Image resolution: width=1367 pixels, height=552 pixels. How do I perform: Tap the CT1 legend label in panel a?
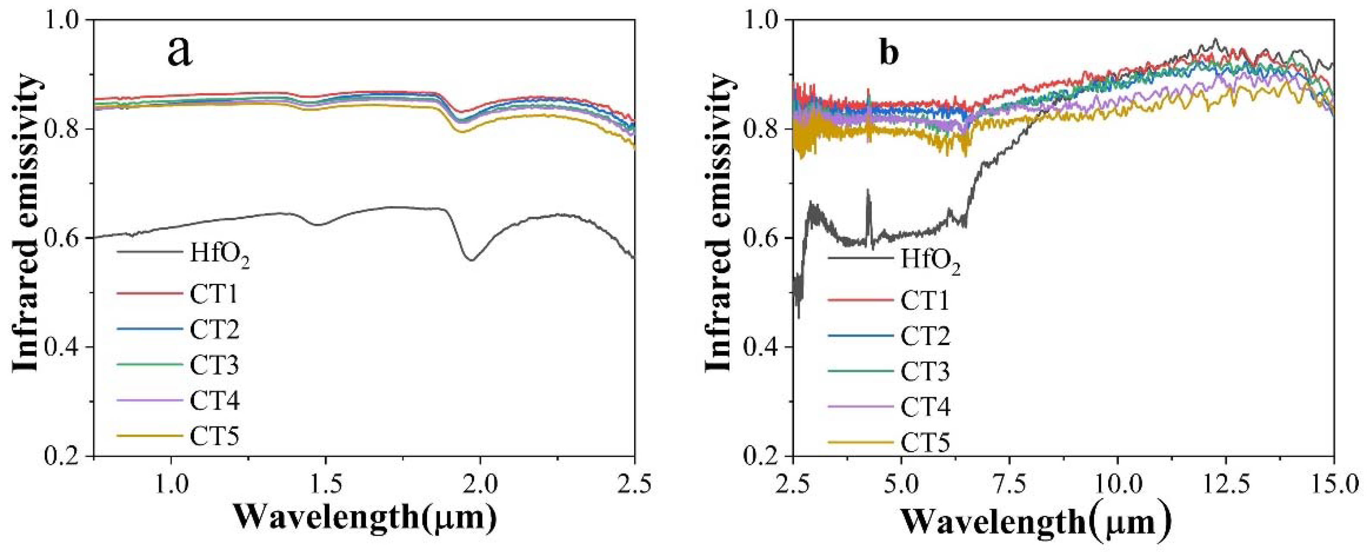214,294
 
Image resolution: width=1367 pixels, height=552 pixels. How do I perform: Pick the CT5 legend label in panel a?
214,436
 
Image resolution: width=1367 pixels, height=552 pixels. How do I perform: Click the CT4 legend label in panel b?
925,407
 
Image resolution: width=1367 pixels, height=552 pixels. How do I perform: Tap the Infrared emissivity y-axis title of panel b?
719,223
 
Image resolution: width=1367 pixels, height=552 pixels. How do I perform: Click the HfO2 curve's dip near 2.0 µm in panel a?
471,260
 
